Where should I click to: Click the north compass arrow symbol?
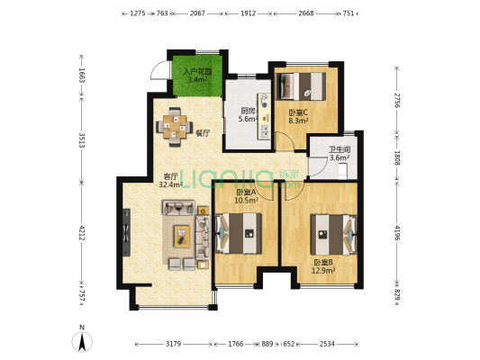click(82, 341)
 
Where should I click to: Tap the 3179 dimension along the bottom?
click(173, 344)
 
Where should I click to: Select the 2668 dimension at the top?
click(306, 13)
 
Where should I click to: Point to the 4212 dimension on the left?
click(81, 232)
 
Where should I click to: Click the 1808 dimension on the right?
click(397, 157)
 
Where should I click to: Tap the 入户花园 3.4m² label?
click(197, 76)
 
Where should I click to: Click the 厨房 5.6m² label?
click(249, 114)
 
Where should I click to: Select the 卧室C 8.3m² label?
click(298, 116)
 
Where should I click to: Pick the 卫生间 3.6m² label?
click(340, 154)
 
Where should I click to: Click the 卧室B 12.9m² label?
click(323, 266)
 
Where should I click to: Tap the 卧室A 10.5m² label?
click(246, 196)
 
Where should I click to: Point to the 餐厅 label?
click(203, 133)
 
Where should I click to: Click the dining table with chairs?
click(175, 127)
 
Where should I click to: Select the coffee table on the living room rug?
click(182, 236)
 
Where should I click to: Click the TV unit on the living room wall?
click(126, 232)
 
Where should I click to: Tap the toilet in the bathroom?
click(342, 171)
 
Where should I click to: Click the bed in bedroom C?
click(301, 86)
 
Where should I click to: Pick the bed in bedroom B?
click(334, 235)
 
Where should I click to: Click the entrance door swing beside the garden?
click(159, 71)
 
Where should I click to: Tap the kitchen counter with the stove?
click(265, 116)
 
